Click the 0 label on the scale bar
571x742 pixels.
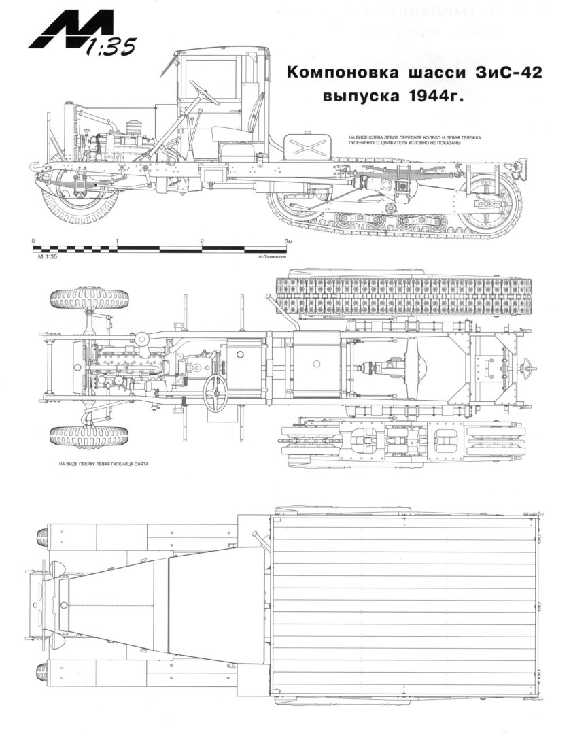pyautogui.click(x=33, y=241)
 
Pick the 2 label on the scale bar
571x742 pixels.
pyautogui.click(x=202, y=241)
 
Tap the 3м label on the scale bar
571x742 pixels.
pyautogui.click(x=288, y=241)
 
